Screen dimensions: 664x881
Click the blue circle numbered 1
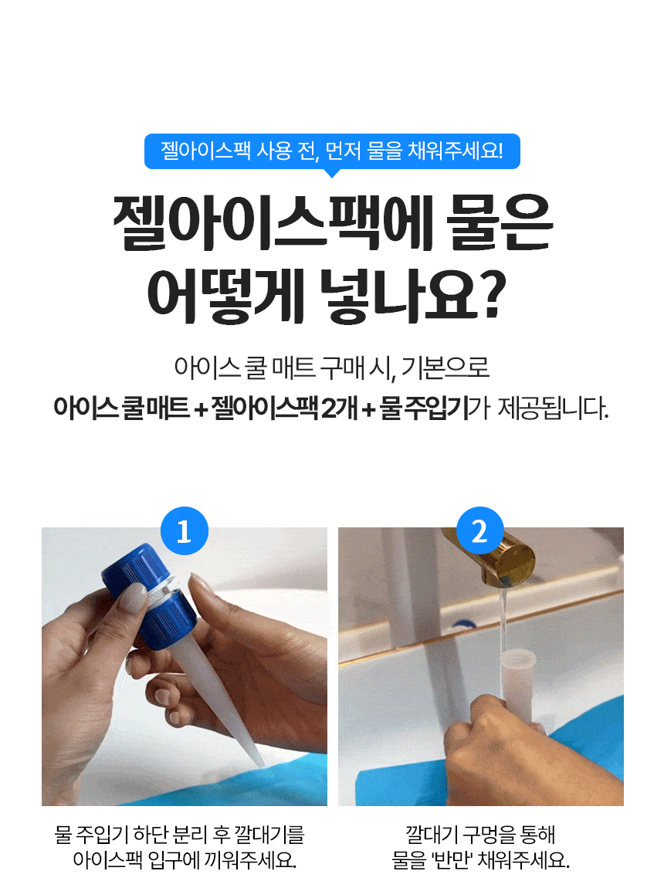[x=185, y=531]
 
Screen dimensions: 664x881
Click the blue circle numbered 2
[x=479, y=531]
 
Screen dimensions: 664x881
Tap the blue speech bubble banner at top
[x=332, y=151]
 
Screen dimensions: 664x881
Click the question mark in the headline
[x=488, y=294]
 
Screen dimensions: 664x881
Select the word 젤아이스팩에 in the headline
[x=273, y=222]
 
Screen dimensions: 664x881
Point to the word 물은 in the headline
[x=500, y=222]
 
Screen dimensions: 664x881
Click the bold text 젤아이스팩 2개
[x=284, y=408]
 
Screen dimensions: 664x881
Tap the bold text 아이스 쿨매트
[x=121, y=408]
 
